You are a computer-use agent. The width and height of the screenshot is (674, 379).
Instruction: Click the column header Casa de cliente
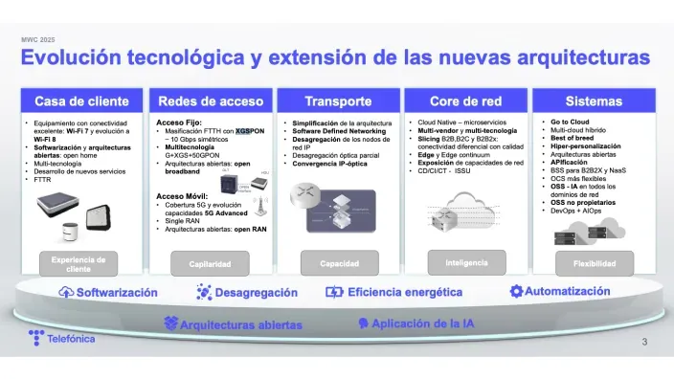[x=81, y=101]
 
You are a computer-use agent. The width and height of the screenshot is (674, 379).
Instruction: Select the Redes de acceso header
[x=210, y=101]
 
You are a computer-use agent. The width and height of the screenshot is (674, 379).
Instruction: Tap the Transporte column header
[x=337, y=101]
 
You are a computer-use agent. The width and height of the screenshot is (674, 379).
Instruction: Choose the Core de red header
[x=465, y=101]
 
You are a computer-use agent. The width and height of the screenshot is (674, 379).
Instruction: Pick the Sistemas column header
[x=594, y=101]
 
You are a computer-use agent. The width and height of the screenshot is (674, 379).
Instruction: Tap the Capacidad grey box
[x=337, y=263]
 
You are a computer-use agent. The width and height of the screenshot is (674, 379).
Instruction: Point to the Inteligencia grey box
[x=465, y=260]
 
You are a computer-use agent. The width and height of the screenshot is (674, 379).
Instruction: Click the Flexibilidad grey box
[x=594, y=263]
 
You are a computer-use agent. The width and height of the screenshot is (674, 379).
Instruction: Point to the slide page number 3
[x=644, y=343]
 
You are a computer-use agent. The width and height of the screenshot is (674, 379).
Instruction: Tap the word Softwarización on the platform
[x=117, y=293]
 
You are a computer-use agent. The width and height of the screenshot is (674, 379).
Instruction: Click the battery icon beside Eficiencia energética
[x=334, y=293]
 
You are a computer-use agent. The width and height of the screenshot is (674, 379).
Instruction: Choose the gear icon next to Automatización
[x=516, y=291]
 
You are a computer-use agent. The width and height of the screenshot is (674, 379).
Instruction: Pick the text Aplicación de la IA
[x=422, y=323]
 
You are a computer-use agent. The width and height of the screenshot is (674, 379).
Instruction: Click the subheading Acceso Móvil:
[x=182, y=195]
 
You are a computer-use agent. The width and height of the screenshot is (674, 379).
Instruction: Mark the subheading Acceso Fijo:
[x=178, y=123]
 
